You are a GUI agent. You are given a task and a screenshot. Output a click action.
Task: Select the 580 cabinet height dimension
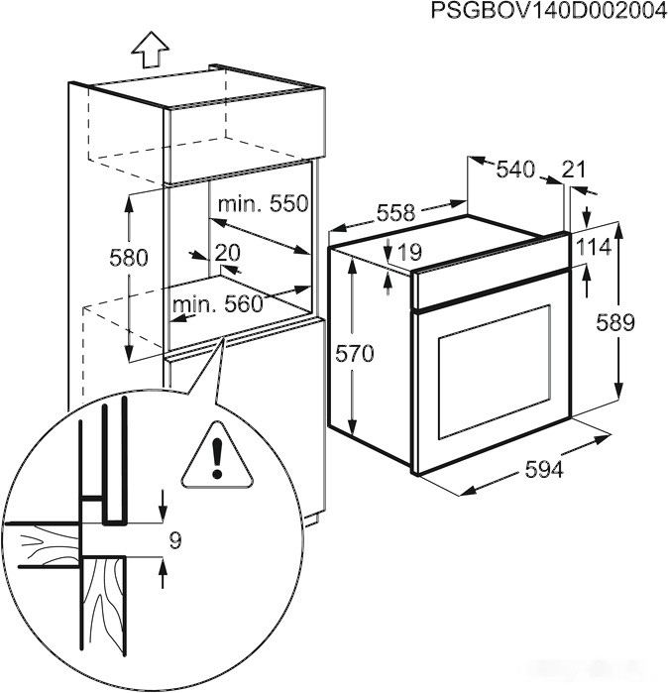128,258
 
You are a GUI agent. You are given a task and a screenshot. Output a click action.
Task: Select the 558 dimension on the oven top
395,212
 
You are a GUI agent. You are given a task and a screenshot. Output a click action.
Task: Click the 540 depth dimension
514,170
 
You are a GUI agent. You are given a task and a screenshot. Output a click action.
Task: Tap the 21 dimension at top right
574,170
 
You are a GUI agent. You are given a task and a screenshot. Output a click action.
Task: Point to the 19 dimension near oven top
408,254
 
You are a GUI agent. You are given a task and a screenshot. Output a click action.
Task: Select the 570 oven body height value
354,354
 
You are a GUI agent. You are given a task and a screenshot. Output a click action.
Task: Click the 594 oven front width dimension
543,470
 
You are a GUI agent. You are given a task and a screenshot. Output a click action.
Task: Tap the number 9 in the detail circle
175,540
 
